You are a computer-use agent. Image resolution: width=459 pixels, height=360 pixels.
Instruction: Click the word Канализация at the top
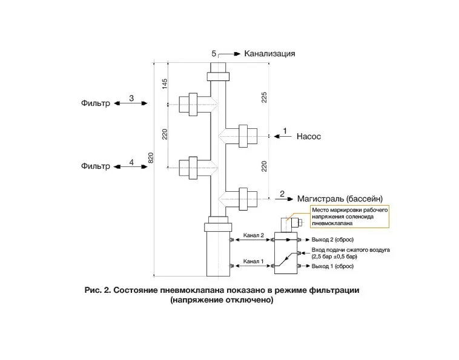click(x=269, y=54)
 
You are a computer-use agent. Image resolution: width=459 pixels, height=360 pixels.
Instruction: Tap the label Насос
click(x=309, y=137)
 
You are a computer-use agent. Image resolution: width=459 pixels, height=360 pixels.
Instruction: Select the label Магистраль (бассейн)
click(x=340, y=199)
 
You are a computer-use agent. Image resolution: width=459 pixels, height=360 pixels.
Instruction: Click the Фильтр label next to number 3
click(x=96, y=103)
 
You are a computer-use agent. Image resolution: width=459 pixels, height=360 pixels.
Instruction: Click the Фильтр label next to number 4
click(x=96, y=166)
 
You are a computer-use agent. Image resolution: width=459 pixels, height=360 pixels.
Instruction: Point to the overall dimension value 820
click(x=151, y=158)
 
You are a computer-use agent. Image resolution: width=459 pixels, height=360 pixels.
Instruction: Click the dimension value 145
click(x=165, y=84)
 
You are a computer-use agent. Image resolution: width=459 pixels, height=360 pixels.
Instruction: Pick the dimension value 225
click(x=264, y=97)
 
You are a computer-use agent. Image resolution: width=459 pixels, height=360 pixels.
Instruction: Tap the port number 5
click(x=214, y=53)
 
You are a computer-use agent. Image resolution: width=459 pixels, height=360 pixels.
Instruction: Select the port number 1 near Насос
click(x=285, y=131)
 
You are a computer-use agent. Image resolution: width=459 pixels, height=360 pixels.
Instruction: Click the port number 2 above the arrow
click(x=282, y=194)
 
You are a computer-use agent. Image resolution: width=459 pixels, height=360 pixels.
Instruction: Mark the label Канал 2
click(x=254, y=235)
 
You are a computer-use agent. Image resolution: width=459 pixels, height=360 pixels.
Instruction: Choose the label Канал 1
click(x=254, y=261)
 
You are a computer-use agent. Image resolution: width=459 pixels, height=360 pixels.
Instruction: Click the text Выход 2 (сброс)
click(x=332, y=240)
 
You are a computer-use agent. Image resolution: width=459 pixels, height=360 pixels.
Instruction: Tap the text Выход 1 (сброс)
click(x=332, y=266)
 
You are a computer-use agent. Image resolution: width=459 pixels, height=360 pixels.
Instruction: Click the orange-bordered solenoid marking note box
click(x=349, y=217)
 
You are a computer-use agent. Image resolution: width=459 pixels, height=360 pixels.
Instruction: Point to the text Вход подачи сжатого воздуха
click(x=351, y=250)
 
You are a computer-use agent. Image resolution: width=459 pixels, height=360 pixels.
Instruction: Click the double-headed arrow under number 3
click(x=131, y=103)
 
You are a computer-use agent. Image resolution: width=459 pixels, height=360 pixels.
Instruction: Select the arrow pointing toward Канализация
click(x=230, y=54)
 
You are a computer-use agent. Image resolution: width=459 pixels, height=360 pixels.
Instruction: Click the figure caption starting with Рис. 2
click(x=222, y=295)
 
